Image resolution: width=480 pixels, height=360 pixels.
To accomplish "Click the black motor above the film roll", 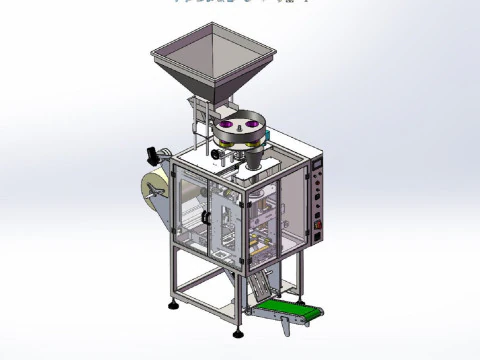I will pos(153,155).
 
